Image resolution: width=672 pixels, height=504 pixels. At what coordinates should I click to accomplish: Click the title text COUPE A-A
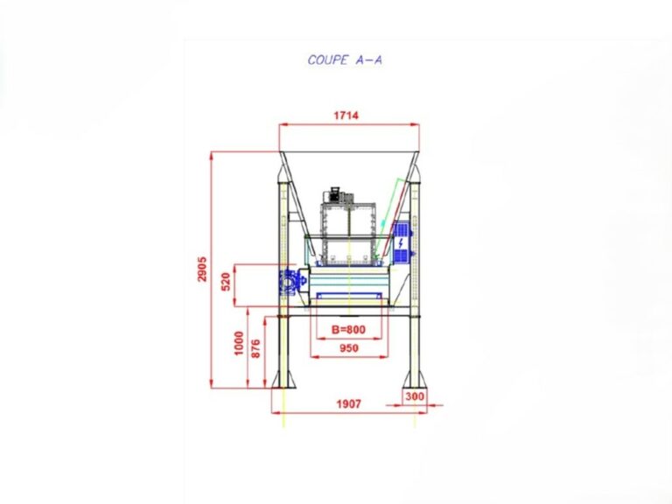[x=345, y=60]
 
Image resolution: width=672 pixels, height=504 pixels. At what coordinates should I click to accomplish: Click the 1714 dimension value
[x=346, y=115]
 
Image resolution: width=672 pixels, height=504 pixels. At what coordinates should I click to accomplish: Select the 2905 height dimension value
[x=202, y=269]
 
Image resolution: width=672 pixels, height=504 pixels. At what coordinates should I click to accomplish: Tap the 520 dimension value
[x=226, y=282]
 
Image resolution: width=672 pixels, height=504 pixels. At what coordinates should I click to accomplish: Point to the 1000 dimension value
[x=239, y=343]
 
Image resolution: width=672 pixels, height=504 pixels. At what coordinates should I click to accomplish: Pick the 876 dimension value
[x=255, y=348]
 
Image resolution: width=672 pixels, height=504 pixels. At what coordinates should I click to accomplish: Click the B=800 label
[x=348, y=330]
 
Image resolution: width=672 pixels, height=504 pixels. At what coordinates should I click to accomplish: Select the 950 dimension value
[x=349, y=348]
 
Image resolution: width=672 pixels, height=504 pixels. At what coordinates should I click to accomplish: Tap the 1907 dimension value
[x=348, y=403]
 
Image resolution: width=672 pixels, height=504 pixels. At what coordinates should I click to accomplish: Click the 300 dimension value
[x=415, y=396]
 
